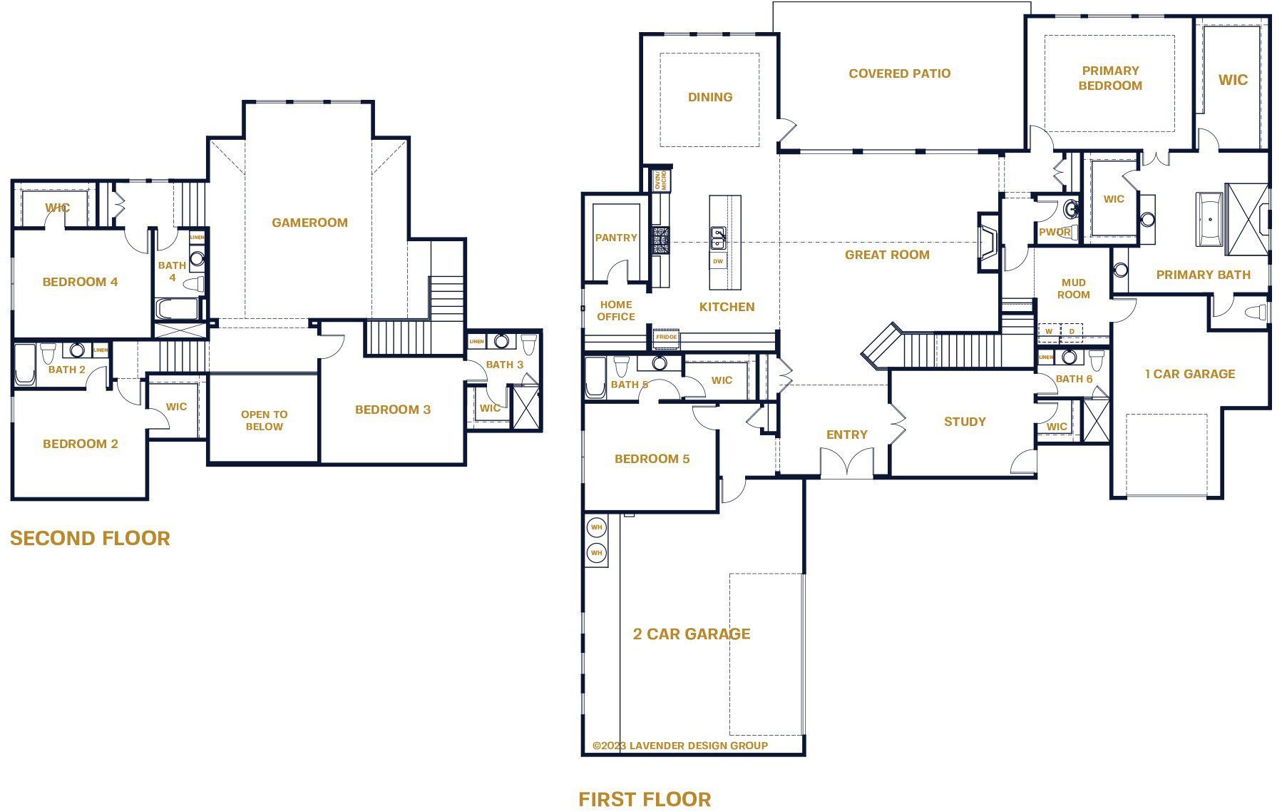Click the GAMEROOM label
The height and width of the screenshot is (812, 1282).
[309, 223]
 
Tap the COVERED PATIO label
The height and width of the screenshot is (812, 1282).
[899, 73]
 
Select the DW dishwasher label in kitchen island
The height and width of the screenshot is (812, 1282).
[718, 262]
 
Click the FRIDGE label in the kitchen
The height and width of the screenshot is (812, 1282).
[666, 337]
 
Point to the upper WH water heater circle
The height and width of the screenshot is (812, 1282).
[596, 528]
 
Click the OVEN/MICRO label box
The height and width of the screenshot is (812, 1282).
[660, 180]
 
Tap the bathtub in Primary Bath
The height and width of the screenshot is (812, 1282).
[1209, 219]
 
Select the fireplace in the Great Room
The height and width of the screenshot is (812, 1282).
[988, 242]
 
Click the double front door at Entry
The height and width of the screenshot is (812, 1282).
[846, 462]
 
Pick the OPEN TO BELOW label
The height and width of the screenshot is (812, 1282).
[264, 420]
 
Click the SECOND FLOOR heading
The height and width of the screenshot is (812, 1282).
[90, 538]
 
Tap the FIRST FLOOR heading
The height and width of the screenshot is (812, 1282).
[645, 799]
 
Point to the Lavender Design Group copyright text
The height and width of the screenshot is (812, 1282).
[680, 746]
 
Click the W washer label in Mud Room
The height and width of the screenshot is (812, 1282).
[1048, 332]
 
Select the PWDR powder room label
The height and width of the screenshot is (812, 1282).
[1054, 232]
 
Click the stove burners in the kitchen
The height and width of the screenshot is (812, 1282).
[661, 240]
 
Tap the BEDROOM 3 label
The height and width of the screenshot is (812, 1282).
[392, 410]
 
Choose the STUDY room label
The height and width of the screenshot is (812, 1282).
[965, 422]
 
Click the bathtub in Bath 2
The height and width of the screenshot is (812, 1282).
[24, 365]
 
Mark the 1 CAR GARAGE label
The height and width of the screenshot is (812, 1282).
[1189, 374]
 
